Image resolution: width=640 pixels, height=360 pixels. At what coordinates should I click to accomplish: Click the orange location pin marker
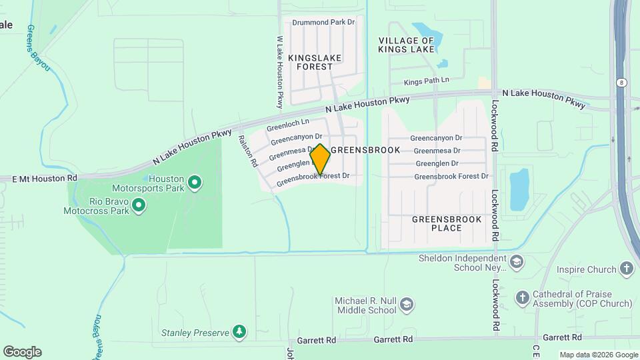[320, 159]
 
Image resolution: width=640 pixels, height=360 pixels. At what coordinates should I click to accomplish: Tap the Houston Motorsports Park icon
[195, 182]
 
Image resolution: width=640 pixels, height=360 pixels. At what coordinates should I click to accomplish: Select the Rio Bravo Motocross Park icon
[139, 205]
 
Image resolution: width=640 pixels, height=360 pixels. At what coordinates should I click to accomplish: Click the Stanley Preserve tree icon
[239, 331]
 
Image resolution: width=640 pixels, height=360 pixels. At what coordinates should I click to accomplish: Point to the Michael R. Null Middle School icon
[407, 305]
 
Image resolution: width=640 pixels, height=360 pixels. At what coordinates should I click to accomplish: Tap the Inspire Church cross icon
[626, 269]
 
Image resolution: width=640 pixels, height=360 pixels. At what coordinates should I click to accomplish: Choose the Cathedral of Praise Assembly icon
[523, 297]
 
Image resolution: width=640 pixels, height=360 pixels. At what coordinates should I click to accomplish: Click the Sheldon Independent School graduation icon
[517, 263]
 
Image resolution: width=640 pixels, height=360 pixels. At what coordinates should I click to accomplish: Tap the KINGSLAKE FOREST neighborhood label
[315, 62]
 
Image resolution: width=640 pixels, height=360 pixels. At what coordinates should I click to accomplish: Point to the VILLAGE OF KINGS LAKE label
[407, 45]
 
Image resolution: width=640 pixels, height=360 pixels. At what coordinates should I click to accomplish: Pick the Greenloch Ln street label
[288, 124]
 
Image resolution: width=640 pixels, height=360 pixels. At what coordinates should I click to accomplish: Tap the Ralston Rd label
[247, 151]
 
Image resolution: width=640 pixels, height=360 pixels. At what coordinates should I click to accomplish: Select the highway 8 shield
[621, 82]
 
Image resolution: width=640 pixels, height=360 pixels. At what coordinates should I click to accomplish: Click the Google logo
[22, 352]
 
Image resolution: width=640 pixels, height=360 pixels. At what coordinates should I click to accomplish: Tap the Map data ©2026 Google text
[598, 355]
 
